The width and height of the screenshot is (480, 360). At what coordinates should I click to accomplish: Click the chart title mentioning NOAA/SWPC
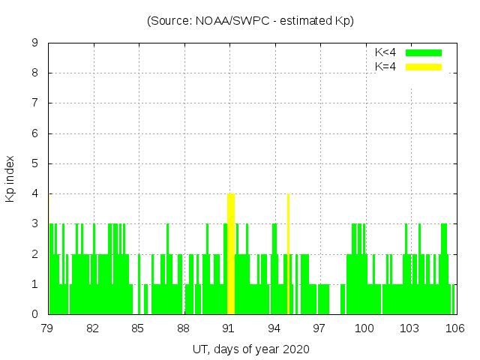(250, 21)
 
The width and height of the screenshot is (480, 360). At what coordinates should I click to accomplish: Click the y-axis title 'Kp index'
(10, 179)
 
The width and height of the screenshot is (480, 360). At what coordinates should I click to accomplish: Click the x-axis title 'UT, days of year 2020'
(250, 349)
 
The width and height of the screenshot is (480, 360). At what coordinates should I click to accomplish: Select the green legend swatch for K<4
(424, 52)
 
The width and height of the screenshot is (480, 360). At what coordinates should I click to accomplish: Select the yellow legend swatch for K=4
(424, 67)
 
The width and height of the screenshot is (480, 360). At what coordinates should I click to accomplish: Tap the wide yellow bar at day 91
(231, 253)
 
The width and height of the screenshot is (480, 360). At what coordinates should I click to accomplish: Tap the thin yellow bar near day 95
(288, 253)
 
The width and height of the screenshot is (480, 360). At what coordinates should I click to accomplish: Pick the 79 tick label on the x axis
(47, 328)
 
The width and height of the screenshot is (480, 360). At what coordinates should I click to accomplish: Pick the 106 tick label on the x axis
(455, 328)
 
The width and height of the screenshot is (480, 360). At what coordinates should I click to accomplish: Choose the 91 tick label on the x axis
(229, 328)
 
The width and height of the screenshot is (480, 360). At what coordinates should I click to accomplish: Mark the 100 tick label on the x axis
(364, 328)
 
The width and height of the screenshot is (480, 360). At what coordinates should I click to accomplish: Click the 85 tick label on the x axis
(138, 328)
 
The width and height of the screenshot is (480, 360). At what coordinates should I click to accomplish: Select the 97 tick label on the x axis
(319, 328)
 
